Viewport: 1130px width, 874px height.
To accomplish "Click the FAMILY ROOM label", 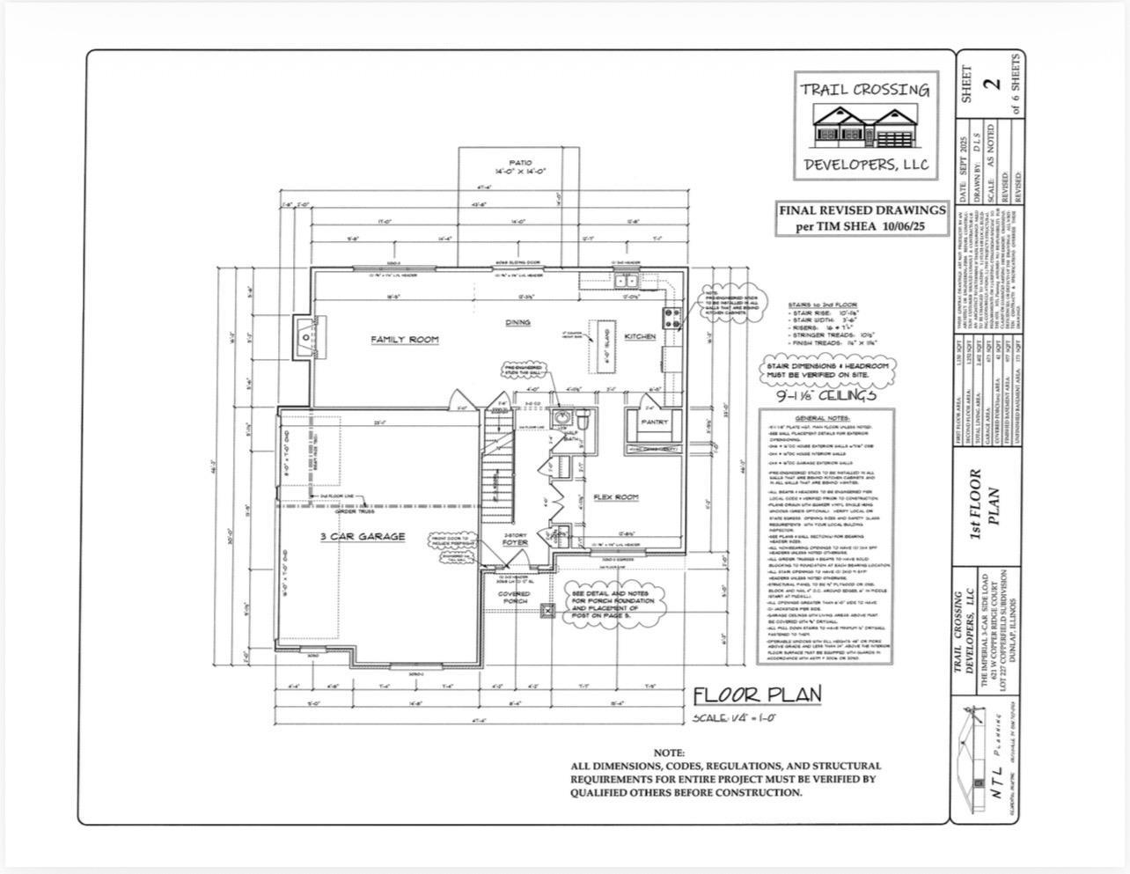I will (404, 340).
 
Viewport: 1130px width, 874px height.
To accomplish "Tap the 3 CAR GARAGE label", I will (363, 536).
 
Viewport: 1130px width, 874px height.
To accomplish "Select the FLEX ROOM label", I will (616, 497).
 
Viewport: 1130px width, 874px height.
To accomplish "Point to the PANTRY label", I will (654, 422).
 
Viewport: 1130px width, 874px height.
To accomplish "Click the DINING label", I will (517, 322).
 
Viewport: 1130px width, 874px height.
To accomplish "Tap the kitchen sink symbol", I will (627, 281).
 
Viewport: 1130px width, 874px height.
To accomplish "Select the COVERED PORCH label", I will (515, 598).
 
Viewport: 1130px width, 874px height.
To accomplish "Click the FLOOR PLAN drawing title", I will (757, 694).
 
